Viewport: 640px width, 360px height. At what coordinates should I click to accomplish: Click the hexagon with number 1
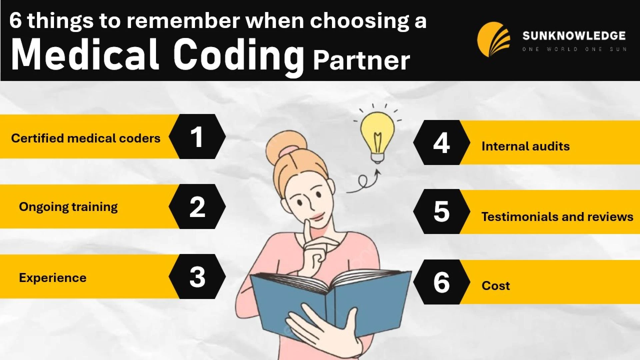(x=197, y=137)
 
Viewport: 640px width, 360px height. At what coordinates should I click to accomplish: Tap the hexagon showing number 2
(x=197, y=207)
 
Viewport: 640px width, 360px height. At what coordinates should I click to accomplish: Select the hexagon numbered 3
(x=197, y=277)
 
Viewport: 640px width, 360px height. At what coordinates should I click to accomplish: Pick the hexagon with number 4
(x=441, y=143)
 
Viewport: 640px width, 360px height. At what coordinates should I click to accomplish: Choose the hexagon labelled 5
(x=441, y=212)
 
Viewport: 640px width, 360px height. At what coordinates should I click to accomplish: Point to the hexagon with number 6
(x=441, y=282)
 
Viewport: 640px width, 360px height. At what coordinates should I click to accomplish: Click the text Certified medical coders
(x=86, y=138)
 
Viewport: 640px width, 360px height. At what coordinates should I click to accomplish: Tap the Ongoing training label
(x=68, y=207)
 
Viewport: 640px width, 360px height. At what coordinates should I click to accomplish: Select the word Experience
(x=53, y=278)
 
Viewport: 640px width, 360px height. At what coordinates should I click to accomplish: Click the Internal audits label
(x=526, y=146)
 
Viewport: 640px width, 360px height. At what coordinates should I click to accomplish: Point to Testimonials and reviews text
(x=557, y=217)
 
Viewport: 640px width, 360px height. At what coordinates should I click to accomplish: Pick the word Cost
(x=496, y=286)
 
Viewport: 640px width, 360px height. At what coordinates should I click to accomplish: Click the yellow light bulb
(x=377, y=135)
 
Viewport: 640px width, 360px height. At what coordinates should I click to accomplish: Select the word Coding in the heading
(x=239, y=55)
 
